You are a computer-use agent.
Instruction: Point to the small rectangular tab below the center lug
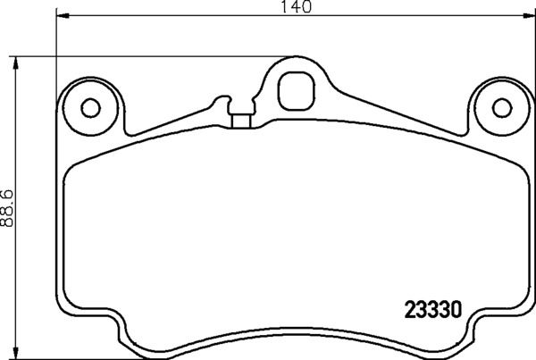coord(239,117)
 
